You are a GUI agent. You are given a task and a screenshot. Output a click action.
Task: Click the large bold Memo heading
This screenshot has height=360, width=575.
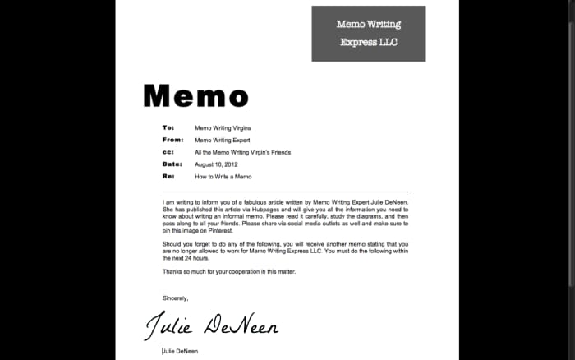pos(195,96)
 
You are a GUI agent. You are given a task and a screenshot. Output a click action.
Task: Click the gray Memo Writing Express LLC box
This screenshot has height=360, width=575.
pos(368,34)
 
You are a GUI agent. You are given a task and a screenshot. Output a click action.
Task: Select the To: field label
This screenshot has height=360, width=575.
pos(168,128)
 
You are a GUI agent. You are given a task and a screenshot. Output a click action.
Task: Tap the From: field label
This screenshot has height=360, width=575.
pos(172,141)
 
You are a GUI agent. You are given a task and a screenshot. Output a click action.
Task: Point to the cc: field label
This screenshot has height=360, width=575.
pos(168,152)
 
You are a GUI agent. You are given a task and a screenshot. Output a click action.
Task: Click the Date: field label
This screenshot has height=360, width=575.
pos(171,164)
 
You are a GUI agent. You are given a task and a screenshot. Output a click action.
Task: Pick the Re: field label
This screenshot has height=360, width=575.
pos(168,177)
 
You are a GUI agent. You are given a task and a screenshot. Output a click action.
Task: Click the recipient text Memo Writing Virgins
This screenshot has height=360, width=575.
pos(223,128)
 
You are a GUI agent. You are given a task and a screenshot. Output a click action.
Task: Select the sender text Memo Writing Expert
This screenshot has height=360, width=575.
pos(222,141)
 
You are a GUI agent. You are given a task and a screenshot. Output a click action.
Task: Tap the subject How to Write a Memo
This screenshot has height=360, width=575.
pos(223,177)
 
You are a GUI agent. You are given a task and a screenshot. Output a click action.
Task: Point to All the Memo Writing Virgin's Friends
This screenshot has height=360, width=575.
pos(242,152)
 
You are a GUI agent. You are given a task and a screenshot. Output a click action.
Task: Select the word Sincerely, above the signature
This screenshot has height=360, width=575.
pos(175,298)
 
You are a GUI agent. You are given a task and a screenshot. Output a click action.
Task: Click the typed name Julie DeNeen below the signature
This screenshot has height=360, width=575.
pos(180,351)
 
